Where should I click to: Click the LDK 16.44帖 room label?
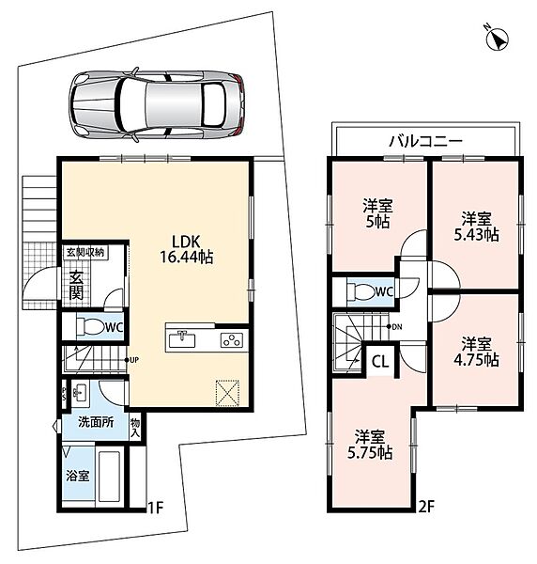click(x=186, y=249)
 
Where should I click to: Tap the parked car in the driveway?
click(x=157, y=104)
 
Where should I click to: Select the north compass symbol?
click(x=498, y=38)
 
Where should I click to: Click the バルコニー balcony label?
click(x=426, y=141)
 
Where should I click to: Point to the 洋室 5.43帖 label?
click(x=476, y=227)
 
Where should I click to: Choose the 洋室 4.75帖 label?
click(x=476, y=352)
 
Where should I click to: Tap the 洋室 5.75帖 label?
click(x=370, y=445)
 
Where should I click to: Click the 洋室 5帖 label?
click(x=377, y=213)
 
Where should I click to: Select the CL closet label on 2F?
click(x=380, y=362)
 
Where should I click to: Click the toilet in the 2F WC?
click(x=361, y=291)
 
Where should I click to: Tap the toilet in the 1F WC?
click(x=90, y=327)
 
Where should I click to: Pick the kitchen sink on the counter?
click(x=182, y=338)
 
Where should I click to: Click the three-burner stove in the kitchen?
click(x=232, y=340)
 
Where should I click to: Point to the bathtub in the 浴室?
click(x=109, y=475)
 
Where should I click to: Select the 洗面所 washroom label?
click(x=96, y=422)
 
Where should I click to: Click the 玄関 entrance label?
click(x=76, y=284)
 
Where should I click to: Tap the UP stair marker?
click(x=131, y=360)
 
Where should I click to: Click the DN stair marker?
click(x=394, y=326)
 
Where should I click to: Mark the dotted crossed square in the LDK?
click(x=227, y=392)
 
